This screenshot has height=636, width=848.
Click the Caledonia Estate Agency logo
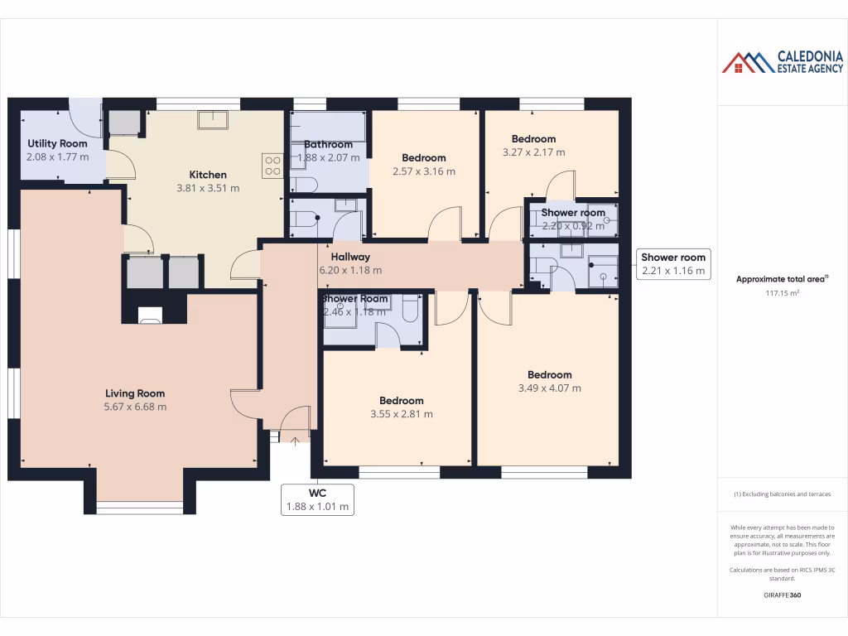click(x=782, y=62)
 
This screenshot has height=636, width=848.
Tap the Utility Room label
click(x=57, y=143)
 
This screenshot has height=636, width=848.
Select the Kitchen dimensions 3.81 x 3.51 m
click(x=208, y=188)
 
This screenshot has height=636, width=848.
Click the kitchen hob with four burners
click(x=272, y=166)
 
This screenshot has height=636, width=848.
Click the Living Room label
click(x=135, y=393)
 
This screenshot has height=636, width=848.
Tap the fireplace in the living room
click(x=150, y=315)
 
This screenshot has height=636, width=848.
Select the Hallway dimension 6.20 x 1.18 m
click(x=350, y=270)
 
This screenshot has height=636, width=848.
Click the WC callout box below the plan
click(x=318, y=499)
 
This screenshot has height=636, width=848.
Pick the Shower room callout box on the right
click(x=673, y=264)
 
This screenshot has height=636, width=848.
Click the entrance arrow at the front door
click(x=295, y=441)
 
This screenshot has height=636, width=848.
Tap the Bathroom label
click(x=328, y=144)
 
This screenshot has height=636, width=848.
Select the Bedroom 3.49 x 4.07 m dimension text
click(x=549, y=388)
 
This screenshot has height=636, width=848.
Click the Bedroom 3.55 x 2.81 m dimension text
click(x=401, y=414)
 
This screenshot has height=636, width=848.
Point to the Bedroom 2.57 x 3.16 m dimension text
click(x=423, y=171)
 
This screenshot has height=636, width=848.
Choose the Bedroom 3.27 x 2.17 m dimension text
click(x=533, y=152)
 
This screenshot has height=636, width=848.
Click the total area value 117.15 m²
click(x=782, y=292)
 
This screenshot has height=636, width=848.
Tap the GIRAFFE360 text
click(x=782, y=595)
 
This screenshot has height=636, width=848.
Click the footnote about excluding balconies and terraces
click(x=782, y=494)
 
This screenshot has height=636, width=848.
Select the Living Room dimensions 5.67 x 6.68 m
click(x=135, y=407)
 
